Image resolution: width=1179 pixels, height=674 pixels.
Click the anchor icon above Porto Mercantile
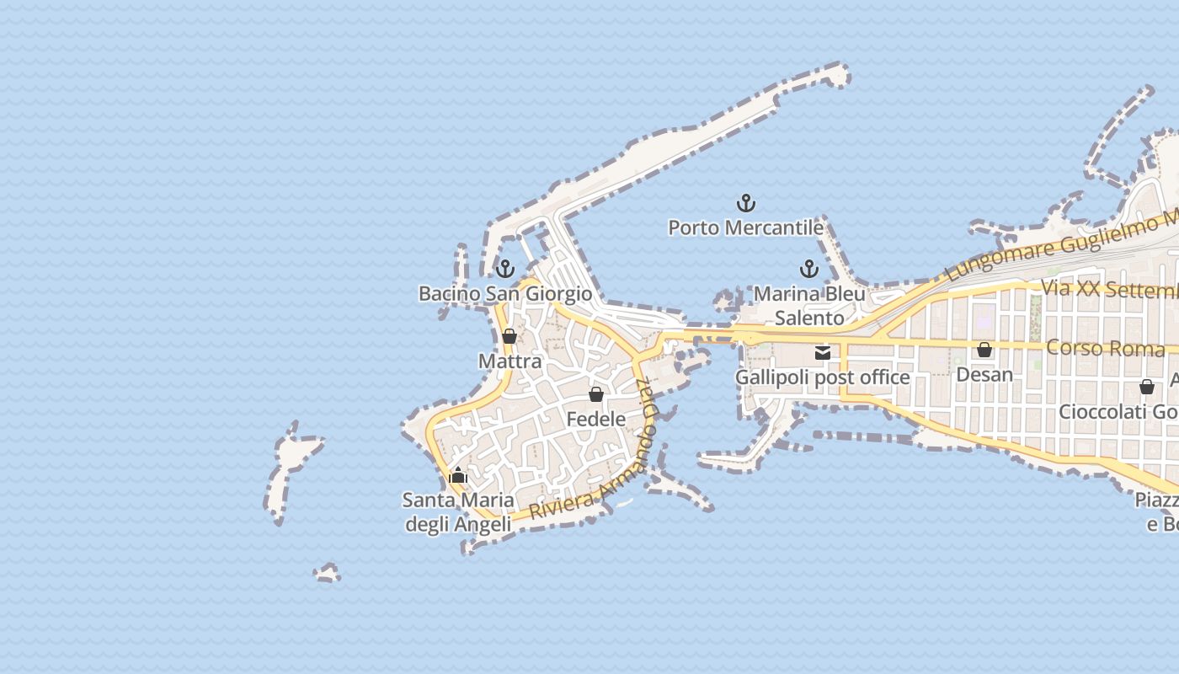(x=745, y=203)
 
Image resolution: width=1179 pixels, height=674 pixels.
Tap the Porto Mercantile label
(x=745, y=227)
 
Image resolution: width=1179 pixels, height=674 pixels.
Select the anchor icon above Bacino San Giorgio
(x=504, y=269)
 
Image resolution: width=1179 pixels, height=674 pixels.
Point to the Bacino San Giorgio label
(x=505, y=293)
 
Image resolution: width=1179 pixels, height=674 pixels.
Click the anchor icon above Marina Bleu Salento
(x=808, y=269)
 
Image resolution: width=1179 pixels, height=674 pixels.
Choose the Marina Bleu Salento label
(x=809, y=305)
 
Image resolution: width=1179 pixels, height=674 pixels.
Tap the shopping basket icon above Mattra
(x=509, y=336)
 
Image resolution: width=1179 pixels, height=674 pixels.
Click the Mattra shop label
(x=509, y=361)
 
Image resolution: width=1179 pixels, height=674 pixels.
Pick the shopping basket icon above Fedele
(x=596, y=393)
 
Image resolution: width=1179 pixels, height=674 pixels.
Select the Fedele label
(x=596, y=419)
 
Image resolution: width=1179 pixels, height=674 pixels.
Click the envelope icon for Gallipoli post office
(x=823, y=352)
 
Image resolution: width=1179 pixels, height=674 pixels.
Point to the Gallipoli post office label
(x=823, y=377)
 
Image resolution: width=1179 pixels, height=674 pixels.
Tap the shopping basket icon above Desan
(x=984, y=349)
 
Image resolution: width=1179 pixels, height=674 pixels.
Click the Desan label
(x=984, y=374)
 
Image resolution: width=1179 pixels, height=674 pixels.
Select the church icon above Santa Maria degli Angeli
(x=458, y=475)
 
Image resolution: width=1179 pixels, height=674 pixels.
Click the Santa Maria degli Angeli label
(x=458, y=511)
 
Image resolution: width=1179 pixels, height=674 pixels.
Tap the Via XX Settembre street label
(x=1108, y=289)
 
